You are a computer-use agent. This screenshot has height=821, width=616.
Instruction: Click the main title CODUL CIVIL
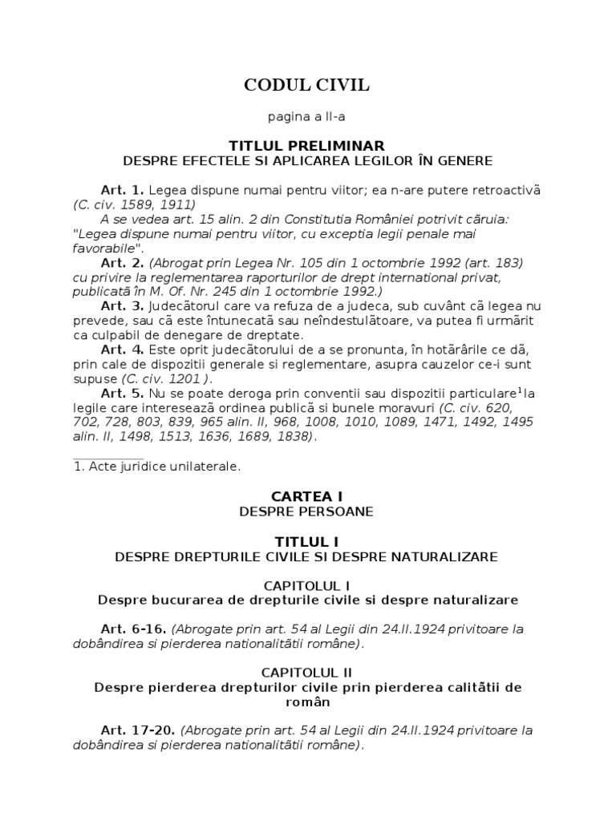coord(307,86)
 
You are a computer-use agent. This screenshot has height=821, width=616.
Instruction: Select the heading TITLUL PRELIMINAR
coord(307,146)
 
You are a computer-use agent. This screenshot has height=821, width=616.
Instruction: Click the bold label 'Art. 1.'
coord(122,190)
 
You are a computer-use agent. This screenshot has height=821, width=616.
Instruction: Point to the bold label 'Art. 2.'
coord(122,263)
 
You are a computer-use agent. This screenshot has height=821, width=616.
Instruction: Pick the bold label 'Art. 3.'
coord(122,305)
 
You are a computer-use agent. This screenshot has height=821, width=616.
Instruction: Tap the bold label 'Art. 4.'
coord(122,350)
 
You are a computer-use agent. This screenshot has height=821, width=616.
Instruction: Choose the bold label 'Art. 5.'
coord(122,394)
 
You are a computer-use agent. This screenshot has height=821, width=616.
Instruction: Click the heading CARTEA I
coord(307,497)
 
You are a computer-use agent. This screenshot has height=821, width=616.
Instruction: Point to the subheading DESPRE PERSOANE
coord(307,512)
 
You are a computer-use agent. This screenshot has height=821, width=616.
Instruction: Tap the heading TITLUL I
coord(307,542)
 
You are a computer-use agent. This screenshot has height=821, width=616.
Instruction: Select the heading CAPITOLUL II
coord(307,673)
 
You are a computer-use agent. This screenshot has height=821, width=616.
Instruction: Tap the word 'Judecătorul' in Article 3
coord(184,305)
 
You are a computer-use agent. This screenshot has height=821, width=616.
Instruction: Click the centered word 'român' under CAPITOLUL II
coord(307,702)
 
